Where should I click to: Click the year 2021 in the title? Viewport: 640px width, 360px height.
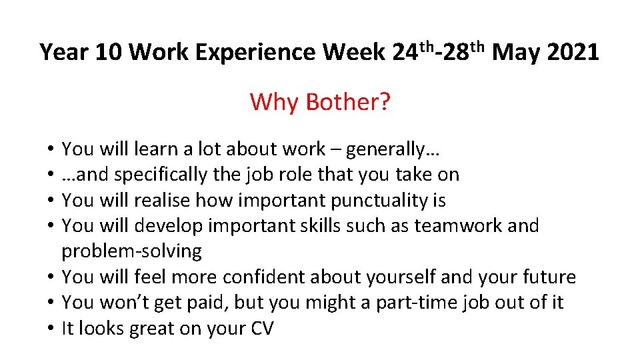tap(573, 52)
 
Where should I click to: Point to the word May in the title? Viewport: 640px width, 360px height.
tap(517, 52)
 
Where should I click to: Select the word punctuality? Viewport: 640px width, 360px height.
tap(371, 201)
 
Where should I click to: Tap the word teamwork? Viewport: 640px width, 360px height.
tap(458, 226)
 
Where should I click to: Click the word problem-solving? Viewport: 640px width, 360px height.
tap(131, 251)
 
